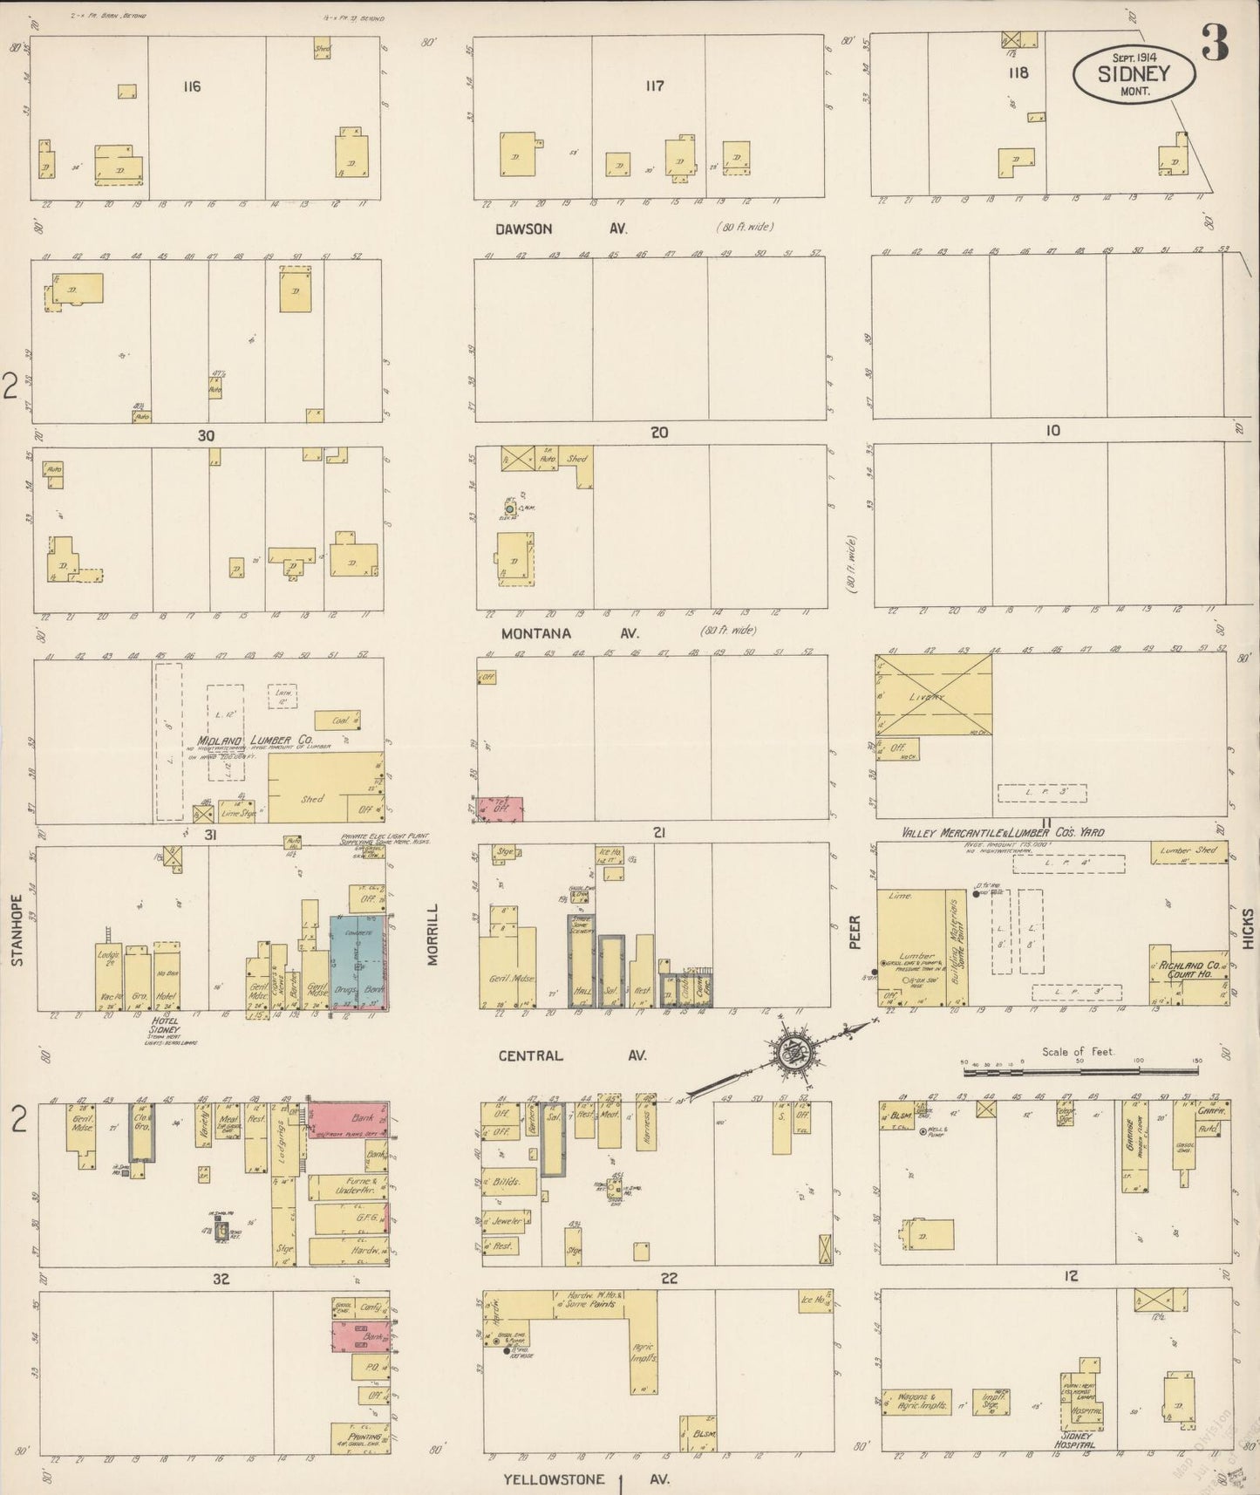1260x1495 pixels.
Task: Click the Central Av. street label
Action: coord(572,1055)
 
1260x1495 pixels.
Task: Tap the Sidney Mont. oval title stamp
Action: coord(1134,74)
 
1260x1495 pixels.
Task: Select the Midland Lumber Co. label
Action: coord(255,740)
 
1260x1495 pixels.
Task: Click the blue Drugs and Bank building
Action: coord(358,962)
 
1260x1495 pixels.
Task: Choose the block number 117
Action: coord(654,85)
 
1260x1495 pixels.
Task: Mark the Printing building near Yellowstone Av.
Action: coord(360,1435)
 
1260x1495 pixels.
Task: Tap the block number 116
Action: coord(192,86)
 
